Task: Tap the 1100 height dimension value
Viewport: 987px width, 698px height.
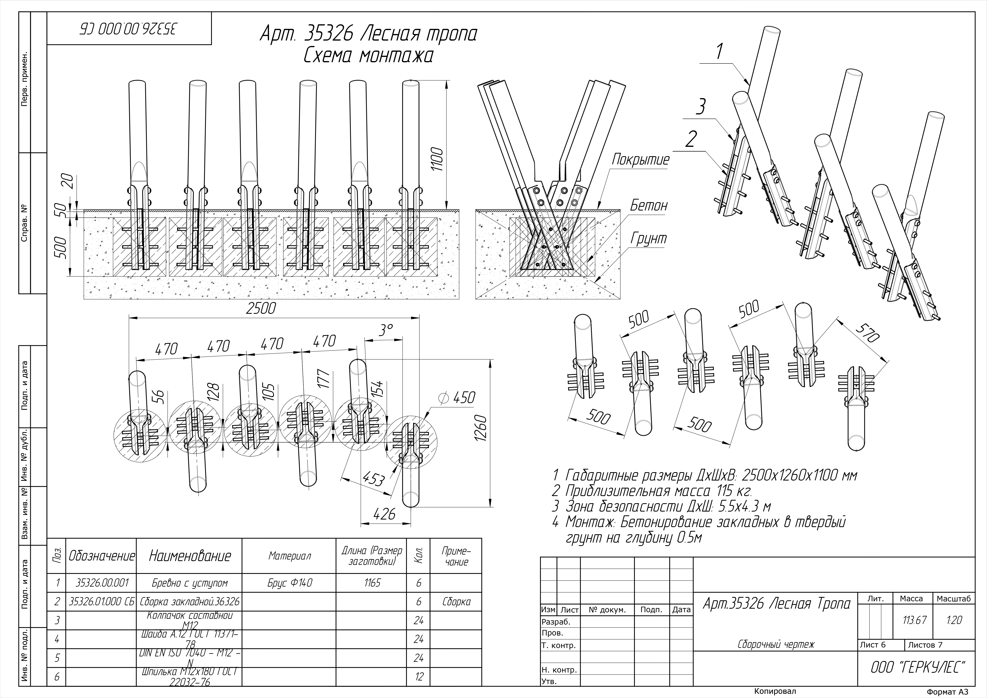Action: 437,159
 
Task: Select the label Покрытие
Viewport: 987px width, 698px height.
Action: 640,159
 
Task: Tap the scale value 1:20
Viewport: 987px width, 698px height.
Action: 953,620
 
